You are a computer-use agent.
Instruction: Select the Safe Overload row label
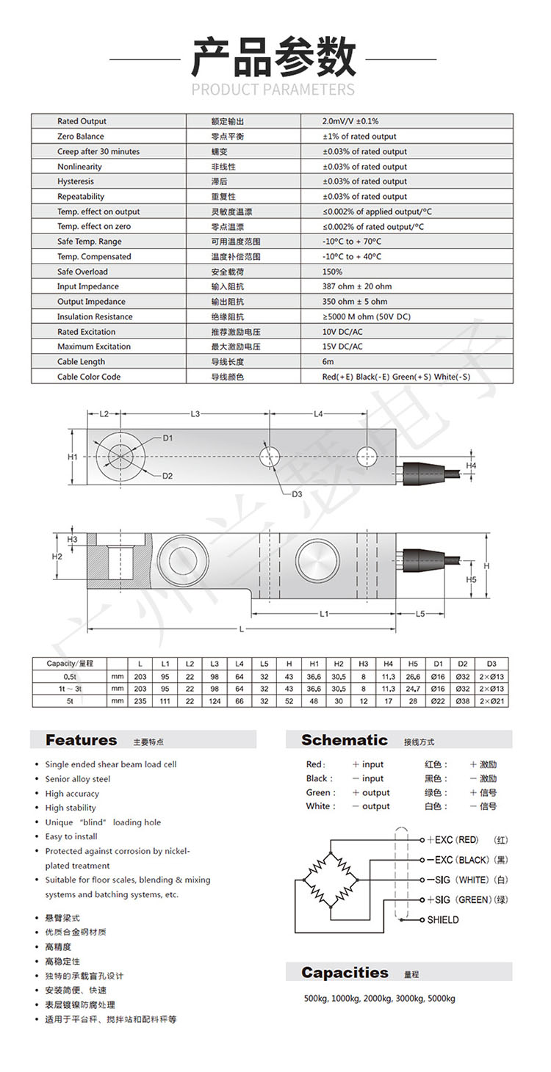click(x=82, y=272)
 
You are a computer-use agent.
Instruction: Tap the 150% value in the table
click(x=332, y=272)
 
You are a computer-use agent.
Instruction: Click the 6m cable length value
click(x=328, y=362)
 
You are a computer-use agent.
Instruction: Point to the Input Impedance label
click(x=87, y=286)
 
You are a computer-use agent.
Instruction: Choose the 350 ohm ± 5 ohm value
click(x=354, y=302)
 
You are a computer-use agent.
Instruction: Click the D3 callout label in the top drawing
click(x=297, y=494)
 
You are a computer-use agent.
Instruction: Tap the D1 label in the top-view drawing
click(x=168, y=438)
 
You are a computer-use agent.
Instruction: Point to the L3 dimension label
click(x=195, y=414)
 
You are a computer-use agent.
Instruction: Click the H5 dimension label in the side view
click(x=472, y=580)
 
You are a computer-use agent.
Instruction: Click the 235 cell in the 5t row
click(x=140, y=701)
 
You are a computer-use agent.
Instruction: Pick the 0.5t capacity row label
click(x=71, y=676)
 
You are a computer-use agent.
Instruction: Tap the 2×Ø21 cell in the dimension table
click(x=491, y=701)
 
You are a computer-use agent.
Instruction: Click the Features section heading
click(x=81, y=740)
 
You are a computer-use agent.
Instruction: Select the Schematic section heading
click(x=344, y=740)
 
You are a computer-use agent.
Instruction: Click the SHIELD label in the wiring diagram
click(x=443, y=920)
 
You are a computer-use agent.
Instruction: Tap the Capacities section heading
click(x=345, y=973)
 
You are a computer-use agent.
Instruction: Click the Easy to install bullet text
click(x=71, y=836)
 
